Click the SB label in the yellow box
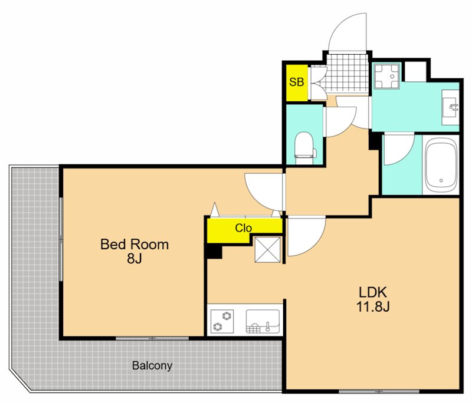coord(297,82)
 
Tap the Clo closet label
coord(243,228)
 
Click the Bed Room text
coord(135,245)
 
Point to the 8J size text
coord(135,258)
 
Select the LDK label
coord(373,292)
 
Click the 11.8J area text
coord(373,306)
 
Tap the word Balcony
coord(152,366)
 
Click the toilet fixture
coord(305,148)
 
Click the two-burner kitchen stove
coord(222,322)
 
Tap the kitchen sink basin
coord(263,322)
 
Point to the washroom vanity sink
coord(450,107)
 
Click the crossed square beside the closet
coord(268,249)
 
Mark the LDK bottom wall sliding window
coord(379,391)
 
